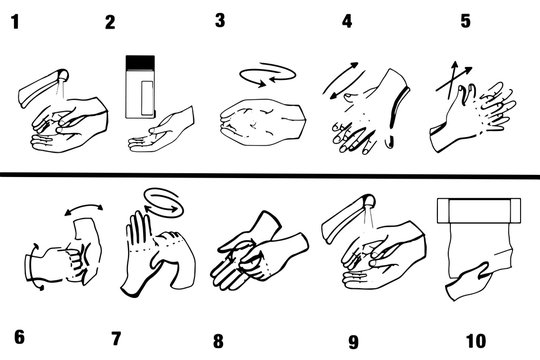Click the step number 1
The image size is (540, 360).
[14, 20]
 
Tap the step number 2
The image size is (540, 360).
[110, 22]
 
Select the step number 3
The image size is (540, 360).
[220, 20]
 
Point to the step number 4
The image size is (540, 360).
[347, 20]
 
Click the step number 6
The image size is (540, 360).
[18, 338]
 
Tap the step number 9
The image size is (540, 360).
[353, 341]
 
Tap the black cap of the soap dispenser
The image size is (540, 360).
[140, 63]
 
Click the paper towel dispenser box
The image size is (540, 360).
[481, 212]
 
